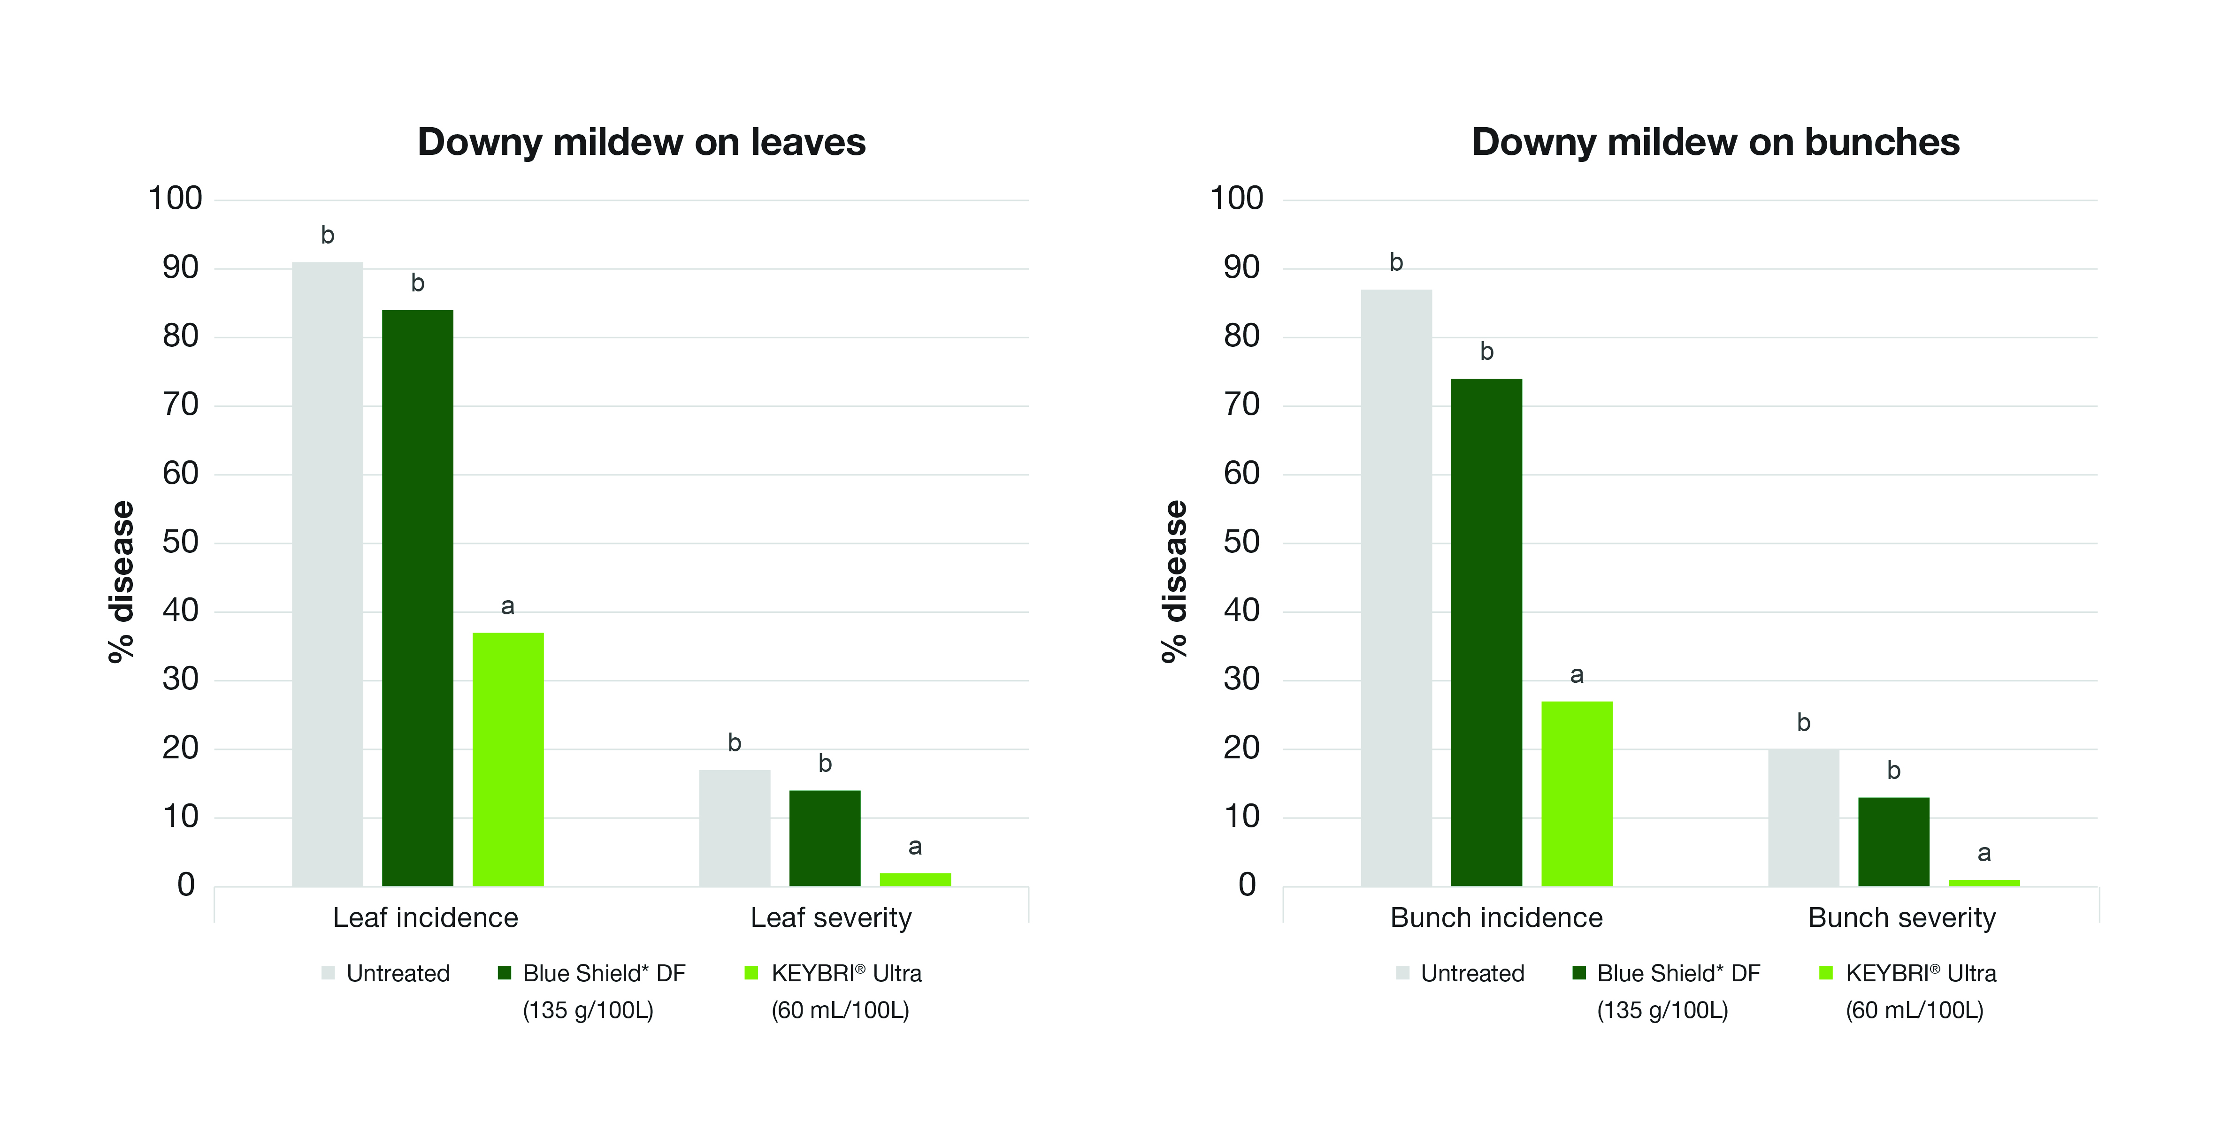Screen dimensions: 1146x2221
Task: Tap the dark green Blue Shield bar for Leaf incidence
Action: [417, 597]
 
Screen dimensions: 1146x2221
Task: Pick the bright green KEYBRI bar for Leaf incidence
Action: [508, 759]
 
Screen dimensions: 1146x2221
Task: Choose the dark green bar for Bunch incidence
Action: [1486, 632]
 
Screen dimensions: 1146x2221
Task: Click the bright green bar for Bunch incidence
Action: [1577, 793]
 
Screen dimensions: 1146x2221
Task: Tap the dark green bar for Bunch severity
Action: [1893, 841]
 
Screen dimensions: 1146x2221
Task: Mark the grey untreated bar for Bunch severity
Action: [1803, 817]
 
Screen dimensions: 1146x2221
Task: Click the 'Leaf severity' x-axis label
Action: [830, 917]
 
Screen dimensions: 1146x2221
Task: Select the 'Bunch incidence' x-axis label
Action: [1496, 917]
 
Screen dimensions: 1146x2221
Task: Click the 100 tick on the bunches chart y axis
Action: [1236, 199]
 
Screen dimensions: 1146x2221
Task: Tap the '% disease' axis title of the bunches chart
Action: [1174, 581]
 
